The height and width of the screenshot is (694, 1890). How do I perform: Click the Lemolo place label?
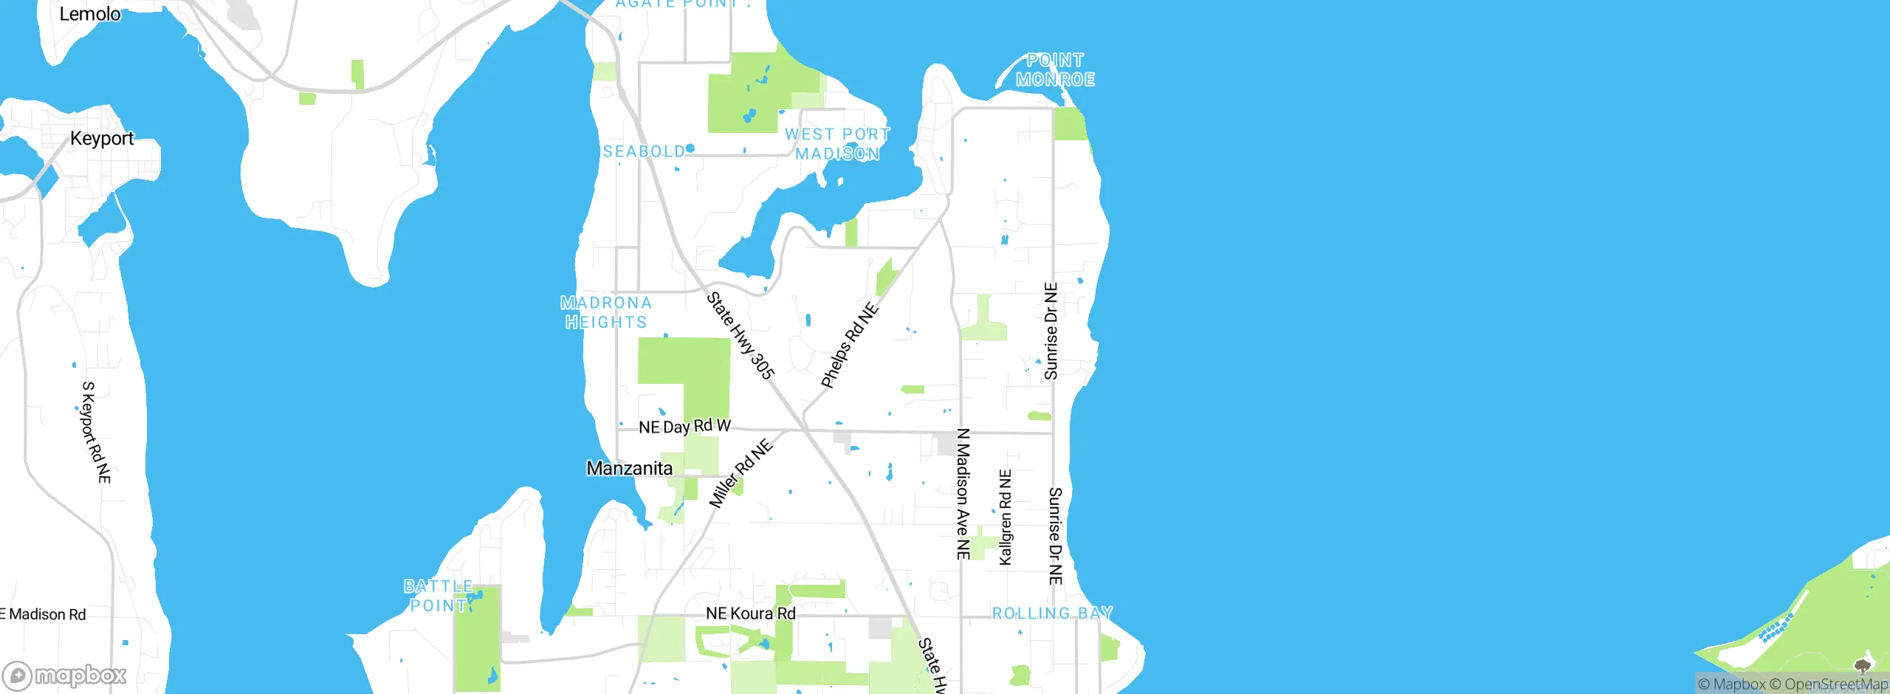[x=89, y=14]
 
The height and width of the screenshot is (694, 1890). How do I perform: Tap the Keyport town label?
[x=102, y=138]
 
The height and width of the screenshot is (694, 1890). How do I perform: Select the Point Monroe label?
[x=1055, y=70]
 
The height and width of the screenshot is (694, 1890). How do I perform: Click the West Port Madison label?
[x=837, y=144]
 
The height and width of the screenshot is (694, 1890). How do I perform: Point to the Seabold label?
[x=645, y=151]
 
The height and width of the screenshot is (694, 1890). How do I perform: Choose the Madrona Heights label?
[x=606, y=312]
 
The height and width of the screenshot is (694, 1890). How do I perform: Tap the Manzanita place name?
[x=630, y=468]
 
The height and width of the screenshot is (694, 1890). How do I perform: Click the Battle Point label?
[x=439, y=596]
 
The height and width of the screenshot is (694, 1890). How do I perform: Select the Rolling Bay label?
[x=1052, y=613]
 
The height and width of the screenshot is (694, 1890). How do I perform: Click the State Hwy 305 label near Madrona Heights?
[x=740, y=336]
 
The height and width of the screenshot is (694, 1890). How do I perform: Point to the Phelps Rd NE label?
[x=850, y=345]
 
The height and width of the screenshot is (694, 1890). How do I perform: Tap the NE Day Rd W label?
[x=684, y=426]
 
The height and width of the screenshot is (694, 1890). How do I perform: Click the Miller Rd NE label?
[x=740, y=473]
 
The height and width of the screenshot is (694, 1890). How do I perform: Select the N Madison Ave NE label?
[x=963, y=493]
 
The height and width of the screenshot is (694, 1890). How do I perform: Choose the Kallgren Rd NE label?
[x=1006, y=518]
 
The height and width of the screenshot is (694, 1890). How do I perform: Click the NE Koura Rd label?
[x=751, y=614]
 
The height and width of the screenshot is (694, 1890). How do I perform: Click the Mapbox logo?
[x=65, y=675]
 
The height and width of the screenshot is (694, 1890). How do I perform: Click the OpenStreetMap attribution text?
[x=1835, y=684]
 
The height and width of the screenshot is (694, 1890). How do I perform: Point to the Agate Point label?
[x=676, y=4]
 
